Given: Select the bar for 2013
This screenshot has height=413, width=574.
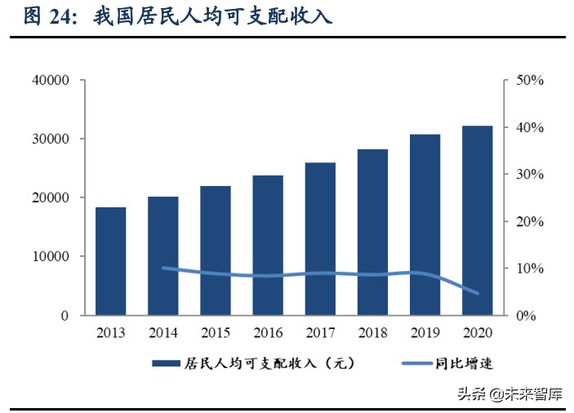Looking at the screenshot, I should [110, 261].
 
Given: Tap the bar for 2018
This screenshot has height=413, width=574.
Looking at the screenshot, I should [372, 232].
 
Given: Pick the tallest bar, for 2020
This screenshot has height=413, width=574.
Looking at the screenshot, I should [478, 220].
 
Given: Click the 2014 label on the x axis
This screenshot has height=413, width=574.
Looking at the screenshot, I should [163, 333].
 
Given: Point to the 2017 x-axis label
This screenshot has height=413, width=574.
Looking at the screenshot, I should [320, 333].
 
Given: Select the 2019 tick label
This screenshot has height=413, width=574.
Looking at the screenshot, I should [425, 333].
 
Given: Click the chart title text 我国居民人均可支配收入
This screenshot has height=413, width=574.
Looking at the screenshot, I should [213, 17].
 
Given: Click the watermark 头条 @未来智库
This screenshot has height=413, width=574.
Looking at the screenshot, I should [507, 394].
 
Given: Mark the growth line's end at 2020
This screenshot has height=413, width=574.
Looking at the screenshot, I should [478, 293].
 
